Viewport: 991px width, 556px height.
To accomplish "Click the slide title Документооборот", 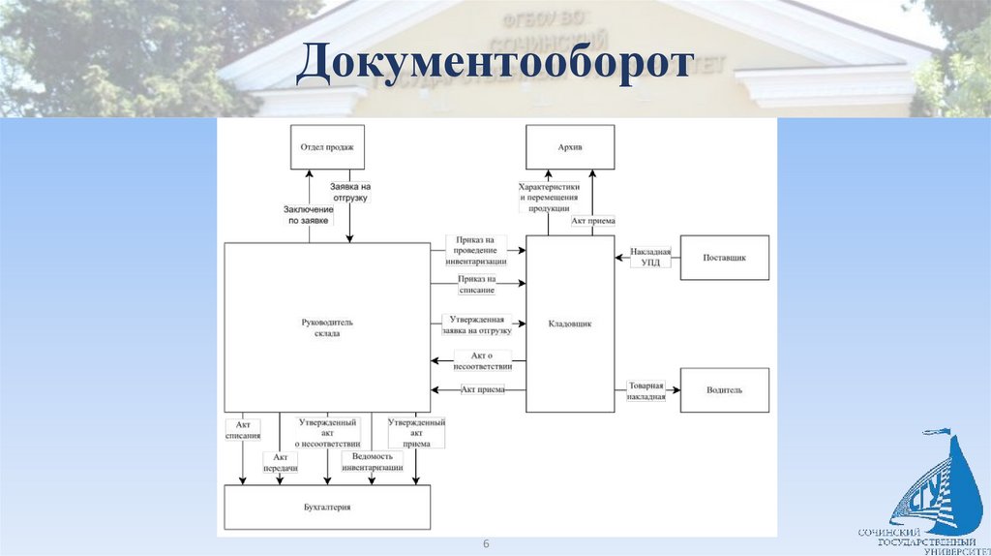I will [495, 63].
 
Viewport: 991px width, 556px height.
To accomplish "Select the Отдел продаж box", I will [327, 147].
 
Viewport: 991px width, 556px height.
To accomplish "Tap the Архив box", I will [570, 147].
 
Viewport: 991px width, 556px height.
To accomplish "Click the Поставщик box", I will [724, 258].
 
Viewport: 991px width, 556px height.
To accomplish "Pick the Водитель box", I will [724, 389].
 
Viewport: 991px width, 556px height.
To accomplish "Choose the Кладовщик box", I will [570, 324].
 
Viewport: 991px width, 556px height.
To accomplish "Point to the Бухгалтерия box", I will [327, 507].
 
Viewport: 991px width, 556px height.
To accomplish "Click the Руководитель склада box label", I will [327, 326].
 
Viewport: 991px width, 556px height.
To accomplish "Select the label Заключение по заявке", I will [309, 214].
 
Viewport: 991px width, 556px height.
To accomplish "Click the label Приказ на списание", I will [477, 284].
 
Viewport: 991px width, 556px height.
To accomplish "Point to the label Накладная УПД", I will [650, 257].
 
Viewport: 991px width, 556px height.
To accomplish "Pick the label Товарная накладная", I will [646, 390].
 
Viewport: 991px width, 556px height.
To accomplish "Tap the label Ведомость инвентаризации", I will [373, 461].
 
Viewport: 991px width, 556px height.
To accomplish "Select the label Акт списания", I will [243, 429].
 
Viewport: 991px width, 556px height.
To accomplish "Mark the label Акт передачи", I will [280, 462].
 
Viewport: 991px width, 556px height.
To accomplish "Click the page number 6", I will [487, 543].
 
